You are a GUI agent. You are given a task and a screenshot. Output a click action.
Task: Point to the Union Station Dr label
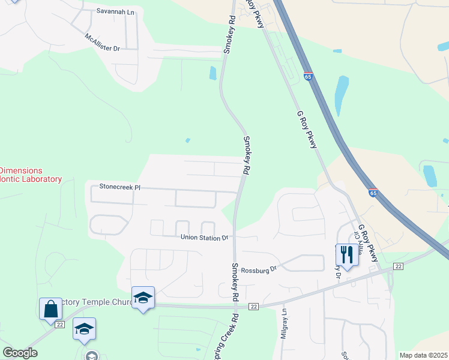(x=205, y=238)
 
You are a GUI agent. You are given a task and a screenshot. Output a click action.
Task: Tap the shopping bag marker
(x=51, y=309)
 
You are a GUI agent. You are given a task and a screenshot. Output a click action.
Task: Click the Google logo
(x=20, y=353)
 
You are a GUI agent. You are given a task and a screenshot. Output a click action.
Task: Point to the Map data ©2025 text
(x=423, y=355)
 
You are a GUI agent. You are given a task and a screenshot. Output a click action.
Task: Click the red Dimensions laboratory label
(x=30, y=175)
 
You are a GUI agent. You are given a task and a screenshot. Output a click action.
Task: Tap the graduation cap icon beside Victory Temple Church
(x=143, y=298)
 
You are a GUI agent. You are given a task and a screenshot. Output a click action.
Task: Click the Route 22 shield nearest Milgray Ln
(x=253, y=307)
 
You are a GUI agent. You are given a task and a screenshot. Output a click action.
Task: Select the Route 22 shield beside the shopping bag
(x=59, y=324)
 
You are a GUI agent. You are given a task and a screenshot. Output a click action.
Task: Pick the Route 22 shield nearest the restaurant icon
(x=398, y=266)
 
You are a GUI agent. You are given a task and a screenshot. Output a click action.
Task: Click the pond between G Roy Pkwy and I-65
(x=341, y=95)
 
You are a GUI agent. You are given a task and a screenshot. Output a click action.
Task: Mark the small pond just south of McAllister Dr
(x=212, y=73)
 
